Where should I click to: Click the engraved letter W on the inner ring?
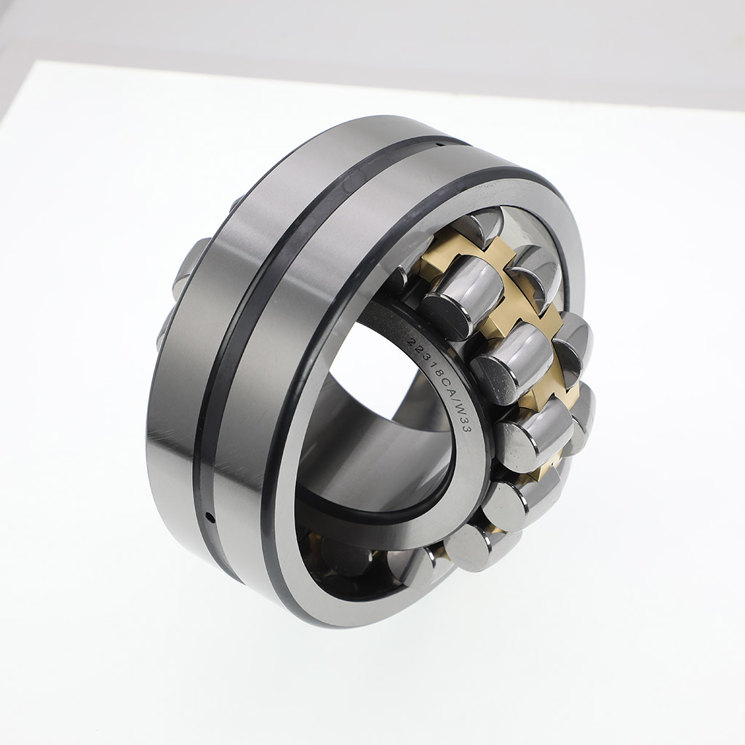pyautogui.click(x=459, y=409)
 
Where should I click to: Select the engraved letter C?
pyautogui.click(x=440, y=378)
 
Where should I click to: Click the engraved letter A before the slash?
pyautogui.click(x=447, y=388)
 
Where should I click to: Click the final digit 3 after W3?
pyautogui.click(x=467, y=429)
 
